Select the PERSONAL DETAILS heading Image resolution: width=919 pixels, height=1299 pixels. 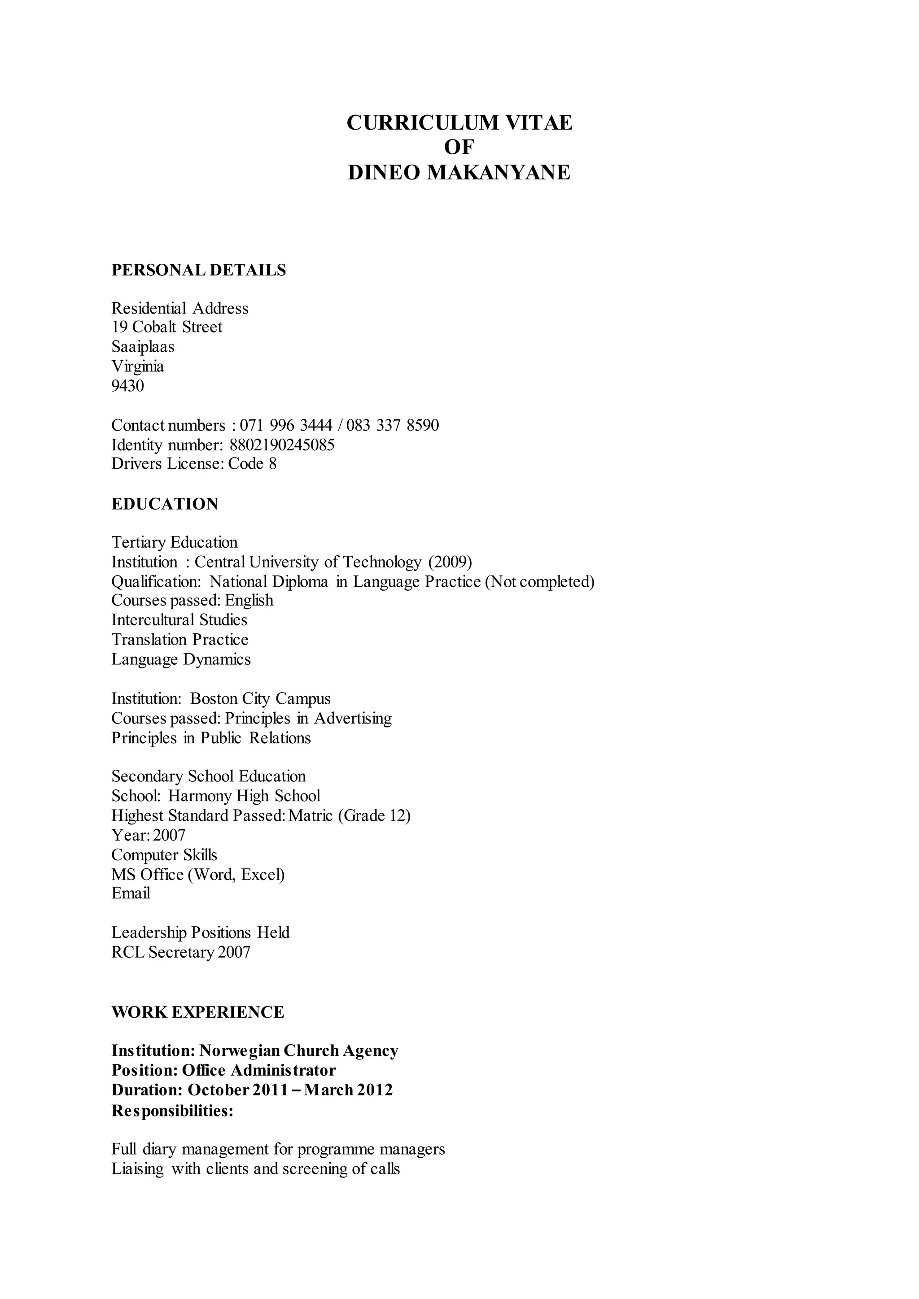(x=199, y=270)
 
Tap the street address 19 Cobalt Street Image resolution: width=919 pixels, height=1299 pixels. (x=167, y=327)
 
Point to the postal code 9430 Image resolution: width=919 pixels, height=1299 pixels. (x=128, y=386)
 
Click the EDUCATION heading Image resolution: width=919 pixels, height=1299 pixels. (x=165, y=504)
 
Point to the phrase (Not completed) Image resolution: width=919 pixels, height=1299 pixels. (x=540, y=582)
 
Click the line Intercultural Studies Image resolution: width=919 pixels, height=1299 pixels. (x=179, y=620)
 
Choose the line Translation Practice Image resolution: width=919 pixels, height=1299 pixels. (x=180, y=640)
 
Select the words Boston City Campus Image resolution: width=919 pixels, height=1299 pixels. (x=260, y=699)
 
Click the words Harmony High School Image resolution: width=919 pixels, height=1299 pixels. (x=244, y=796)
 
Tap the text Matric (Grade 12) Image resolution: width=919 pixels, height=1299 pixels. (x=349, y=816)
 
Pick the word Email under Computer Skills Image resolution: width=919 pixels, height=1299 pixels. (x=131, y=894)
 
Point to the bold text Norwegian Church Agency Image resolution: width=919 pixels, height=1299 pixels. (x=299, y=1051)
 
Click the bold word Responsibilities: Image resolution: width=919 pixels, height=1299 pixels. (x=173, y=1111)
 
